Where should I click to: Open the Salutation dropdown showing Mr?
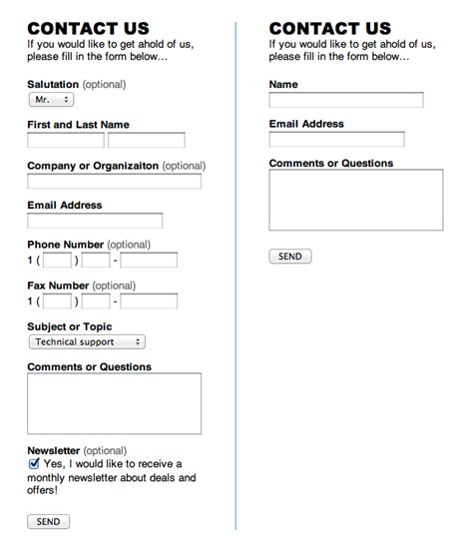click(51, 100)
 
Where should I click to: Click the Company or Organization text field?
click(114, 182)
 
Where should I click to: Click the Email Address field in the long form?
click(95, 221)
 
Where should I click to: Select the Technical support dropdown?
click(87, 341)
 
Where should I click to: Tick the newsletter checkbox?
click(34, 464)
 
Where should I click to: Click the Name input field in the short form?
click(346, 100)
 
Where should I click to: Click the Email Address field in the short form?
click(336, 139)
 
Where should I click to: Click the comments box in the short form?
click(356, 200)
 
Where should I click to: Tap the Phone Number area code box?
click(58, 261)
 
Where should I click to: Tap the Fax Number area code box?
click(58, 300)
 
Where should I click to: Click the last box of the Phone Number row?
click(149, 261)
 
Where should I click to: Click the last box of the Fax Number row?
click(149, 300)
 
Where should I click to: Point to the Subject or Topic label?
click(70, 326)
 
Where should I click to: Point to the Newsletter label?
click(54, 451)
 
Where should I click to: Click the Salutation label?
click(53, 85)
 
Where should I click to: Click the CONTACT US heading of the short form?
click(329, 29)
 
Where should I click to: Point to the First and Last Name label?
click(78, 125)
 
